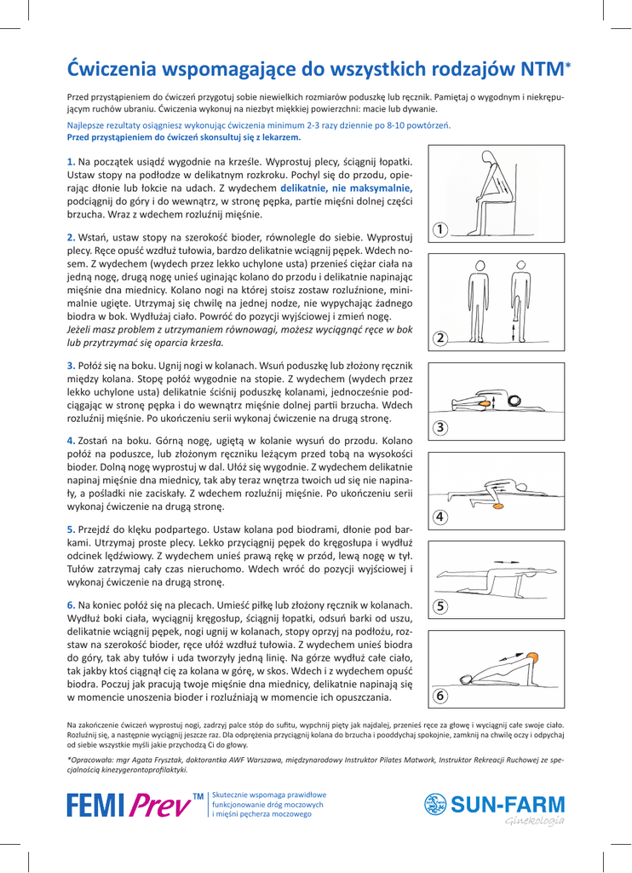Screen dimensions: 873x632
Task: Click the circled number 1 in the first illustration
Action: coord(440,229)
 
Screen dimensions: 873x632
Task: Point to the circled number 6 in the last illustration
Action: coord(440,695)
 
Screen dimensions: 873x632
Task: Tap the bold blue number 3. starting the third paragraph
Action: coord(72,366)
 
